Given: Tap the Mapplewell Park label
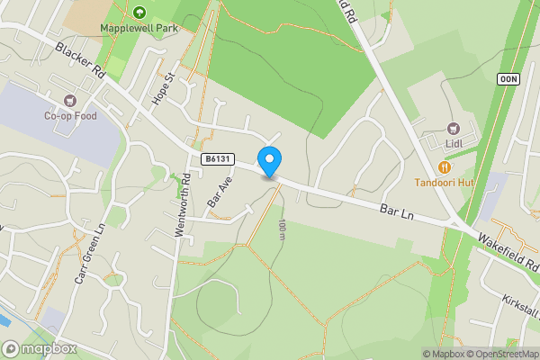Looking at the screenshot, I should [x=139, y=28].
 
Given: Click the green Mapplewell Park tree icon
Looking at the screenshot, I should [x=139, y=12].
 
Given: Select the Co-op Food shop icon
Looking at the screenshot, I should [x=69, y=99].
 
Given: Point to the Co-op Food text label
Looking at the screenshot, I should [x=69, y=115].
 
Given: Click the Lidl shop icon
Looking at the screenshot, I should [x=453, y=127].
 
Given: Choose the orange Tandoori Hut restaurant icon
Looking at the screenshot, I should [x=444, y=166].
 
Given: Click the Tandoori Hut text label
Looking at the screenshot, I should [x=444, y=183].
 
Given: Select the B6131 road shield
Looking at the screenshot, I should [x=218, y=159].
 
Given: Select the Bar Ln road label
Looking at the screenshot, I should [x=397, y=212].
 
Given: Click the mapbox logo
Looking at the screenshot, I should [x=40, y=348].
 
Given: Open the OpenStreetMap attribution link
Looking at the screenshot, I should [x=498, y=354].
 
